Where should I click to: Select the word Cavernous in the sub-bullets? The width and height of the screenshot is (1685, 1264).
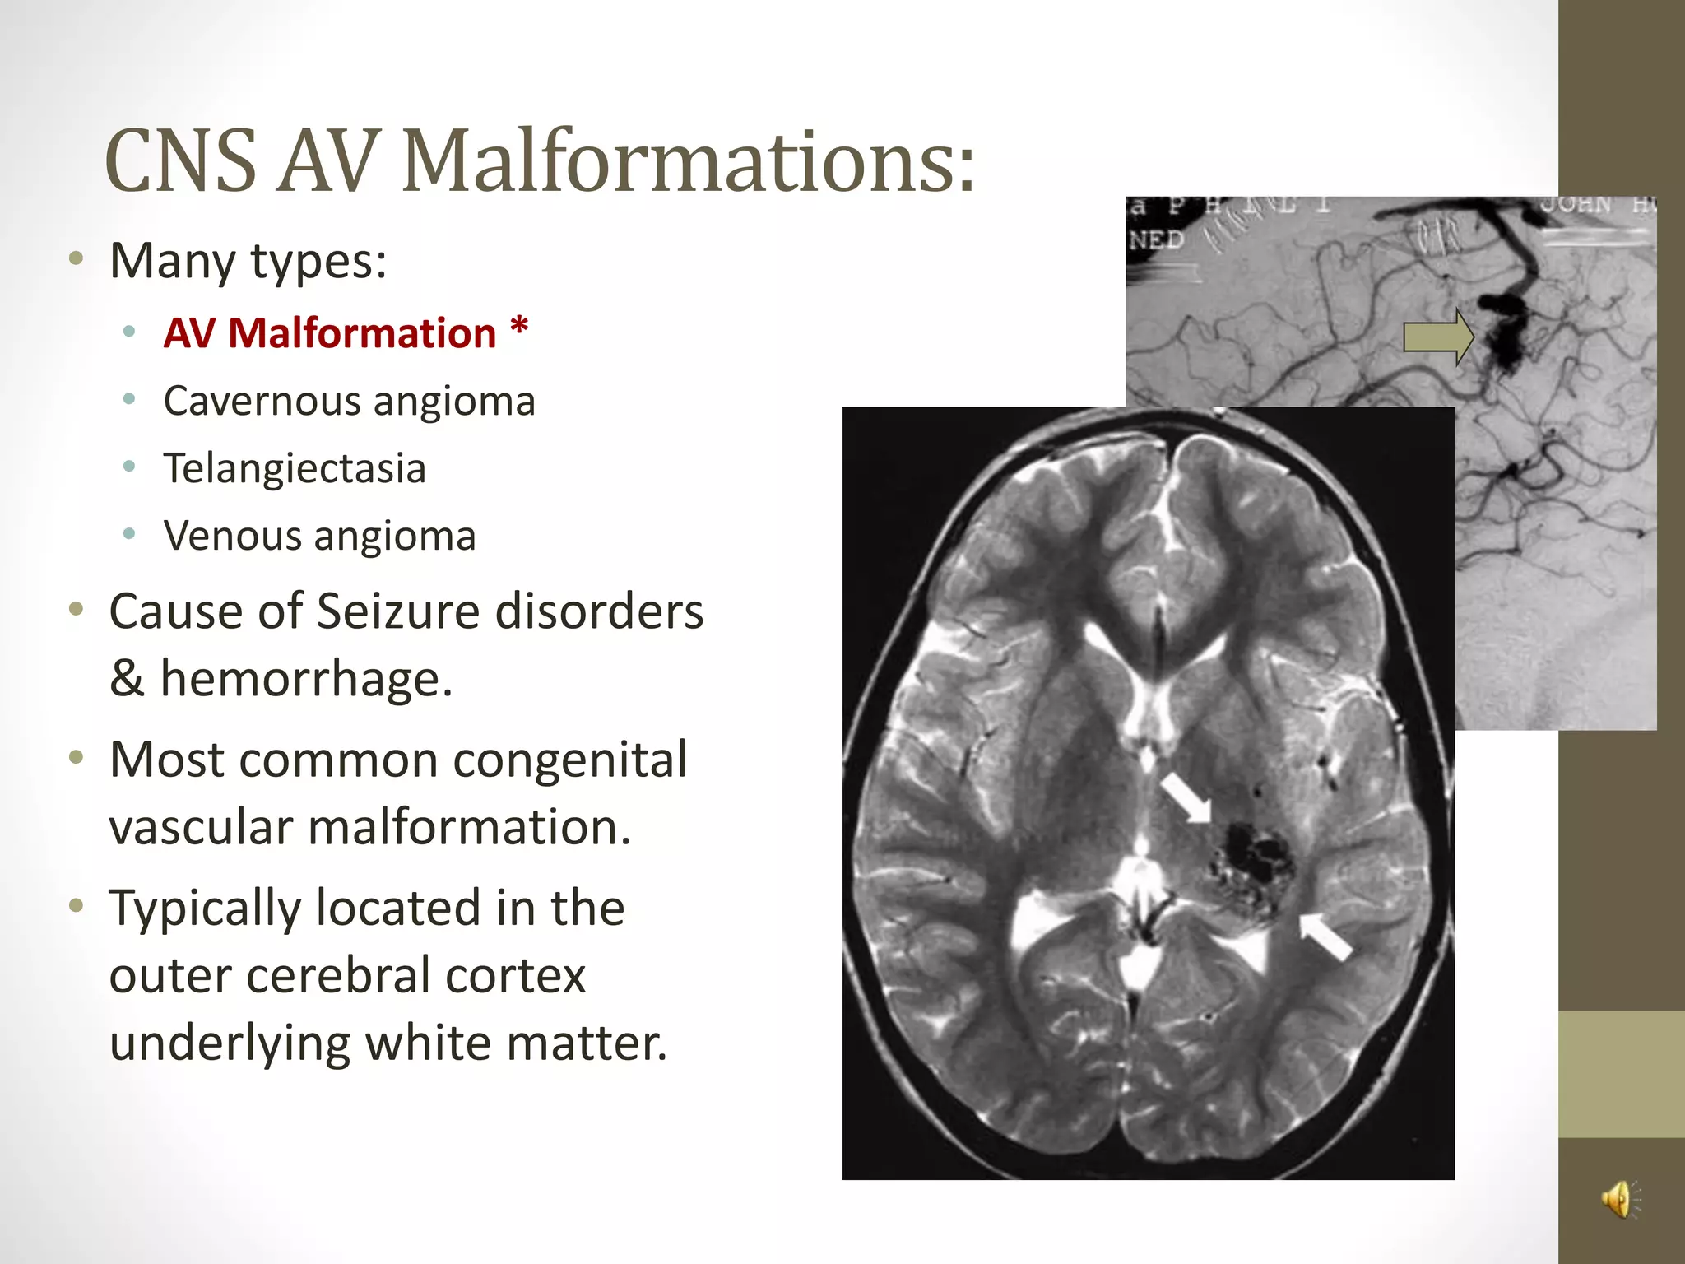(262, 402)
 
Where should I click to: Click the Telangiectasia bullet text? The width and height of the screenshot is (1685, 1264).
(295, 469)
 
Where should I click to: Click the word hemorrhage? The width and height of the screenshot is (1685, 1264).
(306, 680)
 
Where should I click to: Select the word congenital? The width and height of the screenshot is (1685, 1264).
(569, 760)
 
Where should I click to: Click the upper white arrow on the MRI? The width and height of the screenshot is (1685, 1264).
(1185, 797)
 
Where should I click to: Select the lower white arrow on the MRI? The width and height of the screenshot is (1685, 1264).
(1325, 936)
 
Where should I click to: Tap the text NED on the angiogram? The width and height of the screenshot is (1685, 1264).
(1156, 240)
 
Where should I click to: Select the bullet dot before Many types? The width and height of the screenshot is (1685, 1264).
(77, 259)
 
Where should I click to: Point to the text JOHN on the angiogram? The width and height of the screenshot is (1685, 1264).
(1575, 205)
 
